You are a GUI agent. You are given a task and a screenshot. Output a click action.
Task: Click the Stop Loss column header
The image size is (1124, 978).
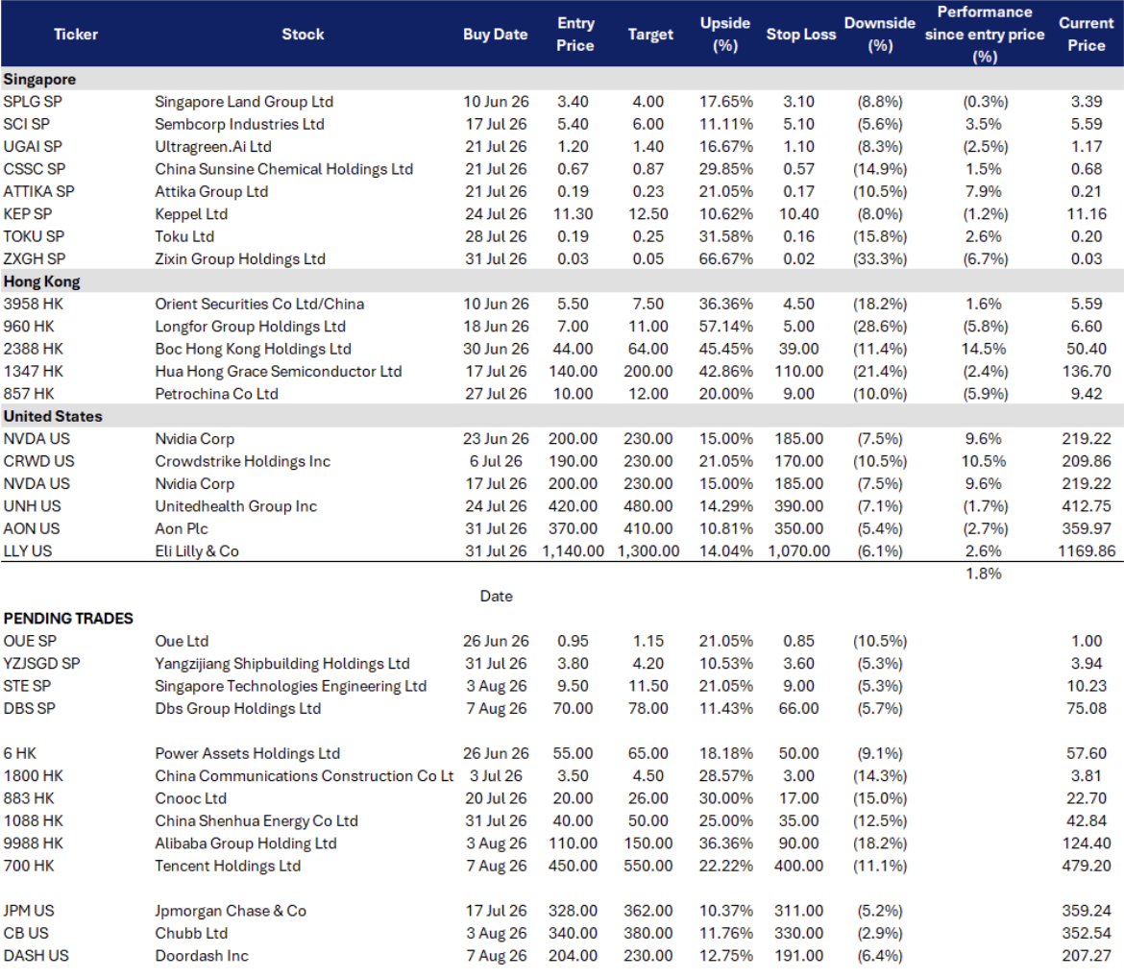[800, 35]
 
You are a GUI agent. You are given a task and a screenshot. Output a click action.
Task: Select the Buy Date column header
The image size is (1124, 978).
[496, 35]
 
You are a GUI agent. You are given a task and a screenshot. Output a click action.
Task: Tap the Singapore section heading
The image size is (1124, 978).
[39, 79]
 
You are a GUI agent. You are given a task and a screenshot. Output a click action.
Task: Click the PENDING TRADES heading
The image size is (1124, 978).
[68, 618]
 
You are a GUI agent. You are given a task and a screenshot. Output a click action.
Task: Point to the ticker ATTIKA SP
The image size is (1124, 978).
[38, 191]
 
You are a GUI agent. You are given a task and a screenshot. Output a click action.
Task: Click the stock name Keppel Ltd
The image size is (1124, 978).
[191, 213]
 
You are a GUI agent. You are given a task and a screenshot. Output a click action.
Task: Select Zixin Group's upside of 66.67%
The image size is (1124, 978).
[726, 258]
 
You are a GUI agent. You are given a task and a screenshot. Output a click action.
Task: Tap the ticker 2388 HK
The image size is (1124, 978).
[33, 349]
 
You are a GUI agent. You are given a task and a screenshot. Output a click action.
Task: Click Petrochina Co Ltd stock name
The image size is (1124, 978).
[216, 394]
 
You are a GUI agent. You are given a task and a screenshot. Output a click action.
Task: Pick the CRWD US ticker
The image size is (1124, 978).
[38, 461]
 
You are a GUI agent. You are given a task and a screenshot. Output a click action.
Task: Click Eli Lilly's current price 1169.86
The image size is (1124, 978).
[1087, 550]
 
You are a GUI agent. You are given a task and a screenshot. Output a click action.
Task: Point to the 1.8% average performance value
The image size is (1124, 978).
[984, 574]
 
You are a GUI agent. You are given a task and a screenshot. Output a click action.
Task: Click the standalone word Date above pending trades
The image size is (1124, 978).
[496, 596]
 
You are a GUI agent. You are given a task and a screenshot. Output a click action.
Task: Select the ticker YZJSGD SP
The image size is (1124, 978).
[41, 663]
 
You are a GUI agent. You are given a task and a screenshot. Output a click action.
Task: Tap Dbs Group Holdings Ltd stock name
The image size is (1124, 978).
[238, 708]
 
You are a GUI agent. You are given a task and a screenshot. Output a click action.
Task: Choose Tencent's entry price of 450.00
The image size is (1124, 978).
[573, 866]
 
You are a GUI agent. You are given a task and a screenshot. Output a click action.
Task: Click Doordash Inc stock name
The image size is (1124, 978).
[202, 956]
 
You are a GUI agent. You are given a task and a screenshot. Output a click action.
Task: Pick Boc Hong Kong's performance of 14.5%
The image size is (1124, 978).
[984, 349]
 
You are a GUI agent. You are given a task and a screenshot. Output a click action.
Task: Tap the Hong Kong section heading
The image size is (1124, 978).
[41, 281]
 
